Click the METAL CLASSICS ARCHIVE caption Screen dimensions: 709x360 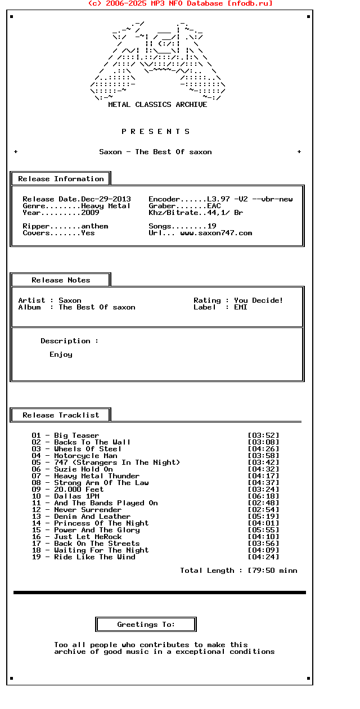tap(157, 105)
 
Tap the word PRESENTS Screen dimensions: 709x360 tap(156, 132)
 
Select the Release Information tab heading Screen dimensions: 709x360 tap(61, 179)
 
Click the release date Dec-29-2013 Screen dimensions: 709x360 tap(106, 199)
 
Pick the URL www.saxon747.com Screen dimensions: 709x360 tap(216, 233)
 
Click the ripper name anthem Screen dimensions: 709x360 tap(94, 226)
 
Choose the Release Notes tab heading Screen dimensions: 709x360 tap(61, 280)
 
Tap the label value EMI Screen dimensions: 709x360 tap(241, 307)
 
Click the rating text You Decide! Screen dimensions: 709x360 tap(259, 300)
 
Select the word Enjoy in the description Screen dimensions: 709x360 tap(61, 354)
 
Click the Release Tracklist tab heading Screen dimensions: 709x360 tap(61, 415)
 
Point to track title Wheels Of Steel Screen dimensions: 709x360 tap(88, 449)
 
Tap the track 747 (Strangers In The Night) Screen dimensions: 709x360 tap(117, 463)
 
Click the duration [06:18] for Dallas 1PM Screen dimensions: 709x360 tap(263, 496)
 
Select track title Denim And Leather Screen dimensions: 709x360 tap(92, 517)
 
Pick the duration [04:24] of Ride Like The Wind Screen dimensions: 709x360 tap(263, 557)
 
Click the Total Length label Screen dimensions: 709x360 tap(207, 571)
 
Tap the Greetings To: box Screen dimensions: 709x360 tap(146, 625)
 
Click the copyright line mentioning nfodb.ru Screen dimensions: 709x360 tap(180, 3)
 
